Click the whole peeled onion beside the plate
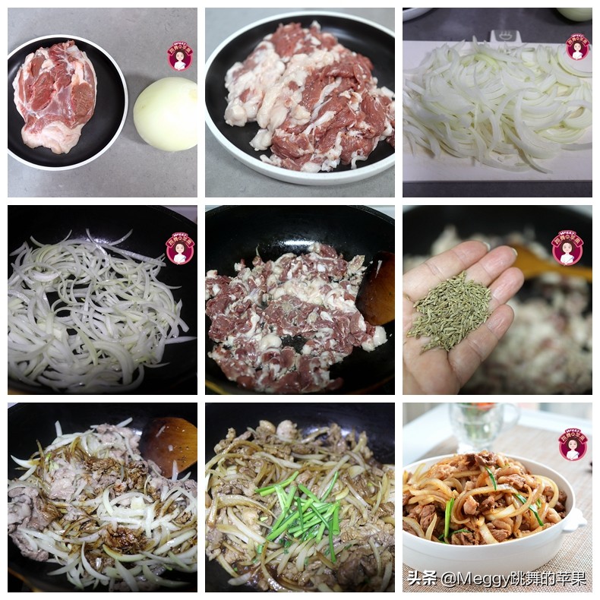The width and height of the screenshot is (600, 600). [x=165, y=114]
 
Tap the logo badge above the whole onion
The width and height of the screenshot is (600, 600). [x=180, y=56]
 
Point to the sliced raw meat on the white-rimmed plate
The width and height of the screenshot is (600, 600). [x=310, y=96]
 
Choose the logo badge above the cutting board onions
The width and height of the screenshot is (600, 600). [x=577, y=47]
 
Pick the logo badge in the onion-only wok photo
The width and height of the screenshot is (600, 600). [x=180, y=248]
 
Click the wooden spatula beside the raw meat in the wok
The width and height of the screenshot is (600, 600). [x=377, y=289]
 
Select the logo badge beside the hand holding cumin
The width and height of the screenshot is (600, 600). [x=567, y=248]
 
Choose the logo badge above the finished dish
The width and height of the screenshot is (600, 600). [x=573, y=444]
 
